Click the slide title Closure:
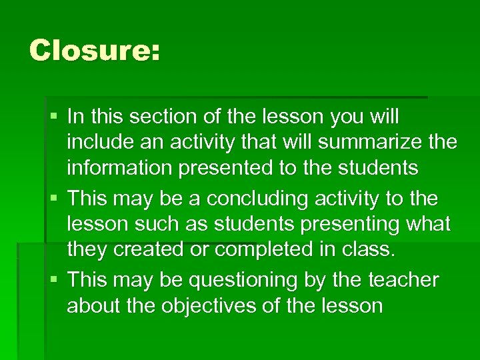click(x=95, y=51)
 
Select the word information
click(x=119, y=168)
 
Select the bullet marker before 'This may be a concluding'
click(x=54, y=199)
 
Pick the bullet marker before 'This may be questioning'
click(x=54, y=281)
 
